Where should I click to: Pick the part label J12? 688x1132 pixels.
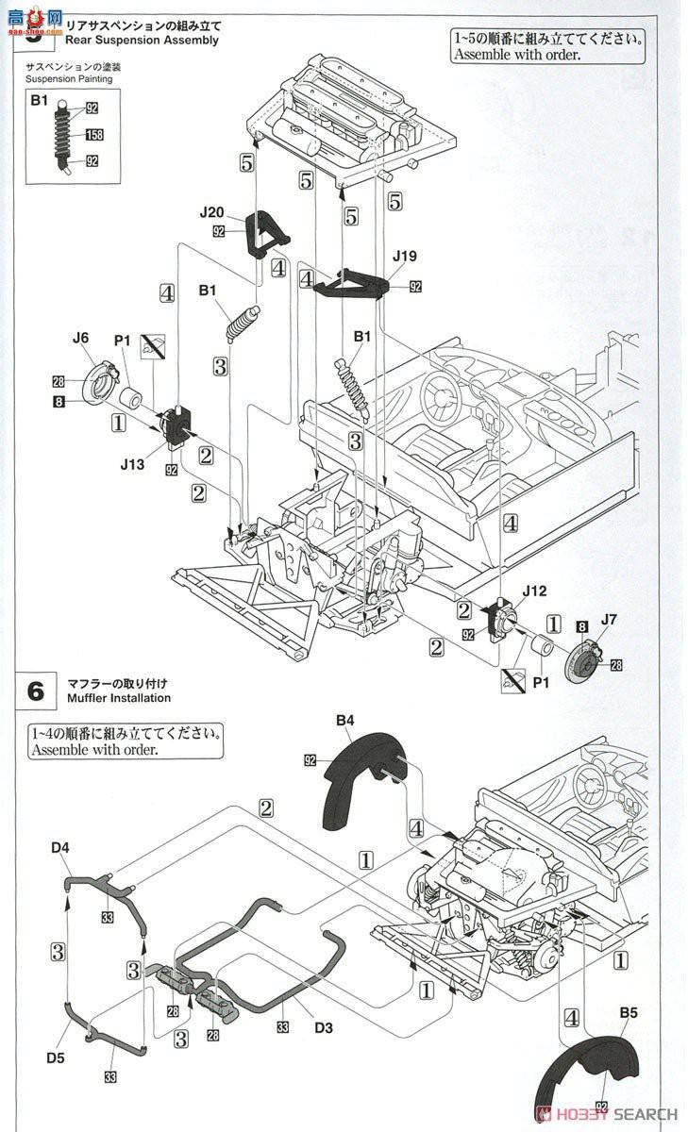[534, 591]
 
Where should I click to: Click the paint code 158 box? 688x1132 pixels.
[94, 135]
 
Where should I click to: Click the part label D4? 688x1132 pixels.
[61, 848]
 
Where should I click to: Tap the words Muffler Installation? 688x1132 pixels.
[119, 698]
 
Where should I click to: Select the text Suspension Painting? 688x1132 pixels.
[69, 78]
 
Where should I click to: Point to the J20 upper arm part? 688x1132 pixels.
[266, 234]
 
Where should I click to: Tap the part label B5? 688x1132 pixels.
[629, 1013]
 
